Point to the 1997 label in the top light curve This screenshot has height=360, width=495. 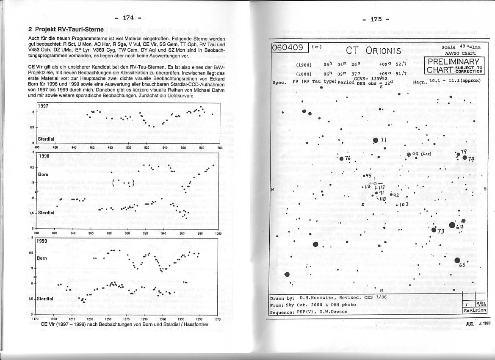point(43,106)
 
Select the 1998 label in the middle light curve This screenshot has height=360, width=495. point(44,156)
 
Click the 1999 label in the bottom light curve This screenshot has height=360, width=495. point(42,241)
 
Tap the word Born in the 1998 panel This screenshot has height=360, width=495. point(43,174)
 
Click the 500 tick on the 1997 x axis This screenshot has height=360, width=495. point(129,148)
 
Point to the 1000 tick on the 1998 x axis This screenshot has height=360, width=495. point(218,233)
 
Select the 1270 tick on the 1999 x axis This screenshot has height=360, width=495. point(127,318)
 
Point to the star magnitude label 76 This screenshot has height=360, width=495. point(348,158)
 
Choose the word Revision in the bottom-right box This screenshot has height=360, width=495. point(475,310)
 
